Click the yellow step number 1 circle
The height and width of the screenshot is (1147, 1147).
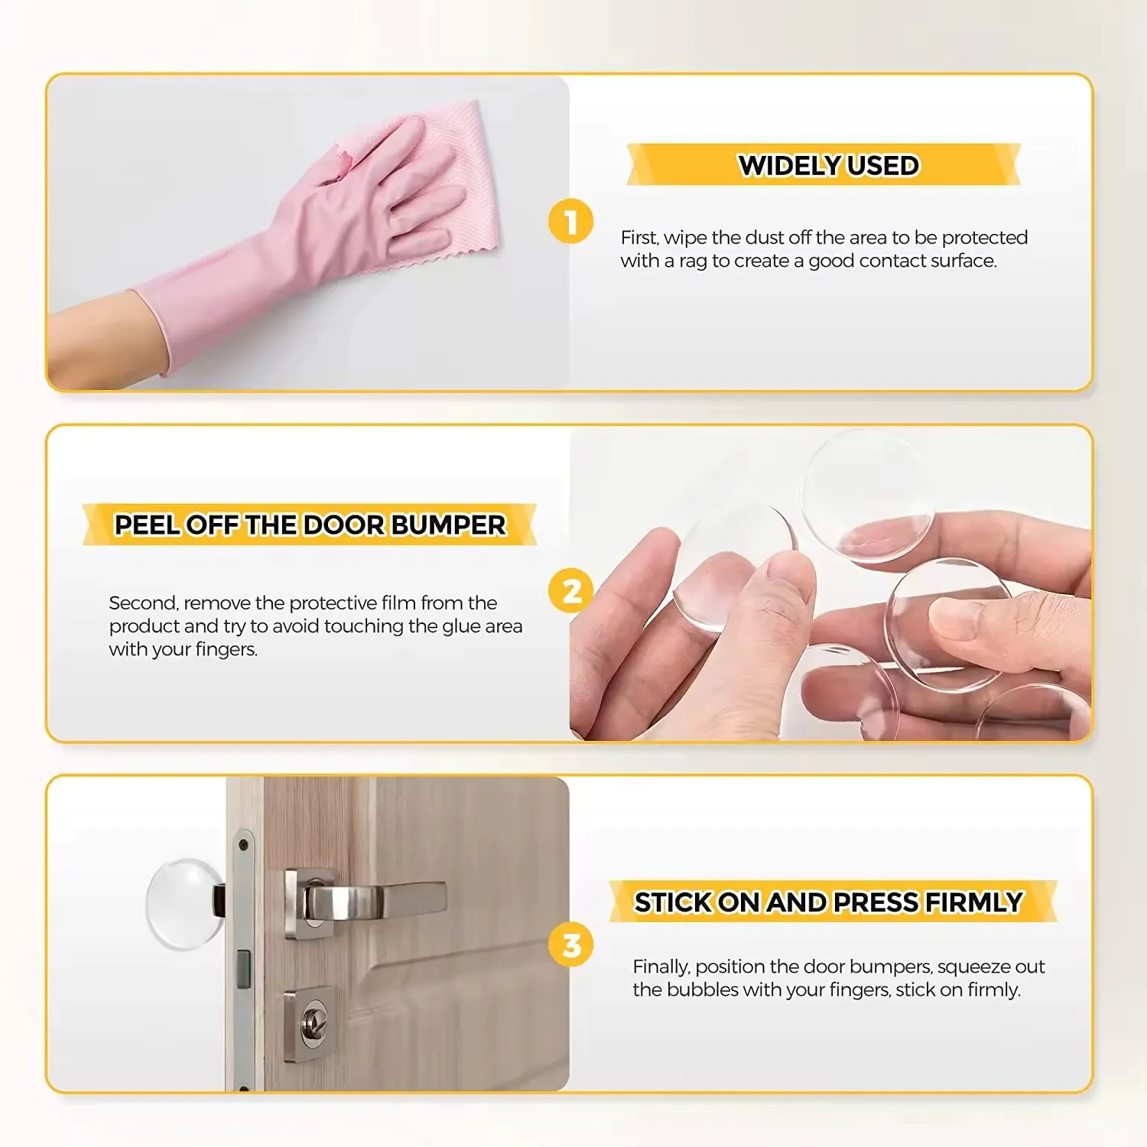tap(570, 222)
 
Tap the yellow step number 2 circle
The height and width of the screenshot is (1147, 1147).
tap(570, 591)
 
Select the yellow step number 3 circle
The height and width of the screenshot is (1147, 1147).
tap(570, 945)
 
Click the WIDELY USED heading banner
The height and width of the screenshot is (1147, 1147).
tap(827, 165)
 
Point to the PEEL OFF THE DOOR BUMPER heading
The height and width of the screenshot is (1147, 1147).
tap(310, 525)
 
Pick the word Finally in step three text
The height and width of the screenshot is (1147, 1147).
tap(661, 967)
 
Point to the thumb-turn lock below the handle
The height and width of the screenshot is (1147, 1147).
tap(311, 1018)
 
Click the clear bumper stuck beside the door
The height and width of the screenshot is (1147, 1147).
tap(182, 903)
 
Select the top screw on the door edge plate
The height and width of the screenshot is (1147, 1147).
tap(243, 845)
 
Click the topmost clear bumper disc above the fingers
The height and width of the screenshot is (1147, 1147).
tap(866, 495)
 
